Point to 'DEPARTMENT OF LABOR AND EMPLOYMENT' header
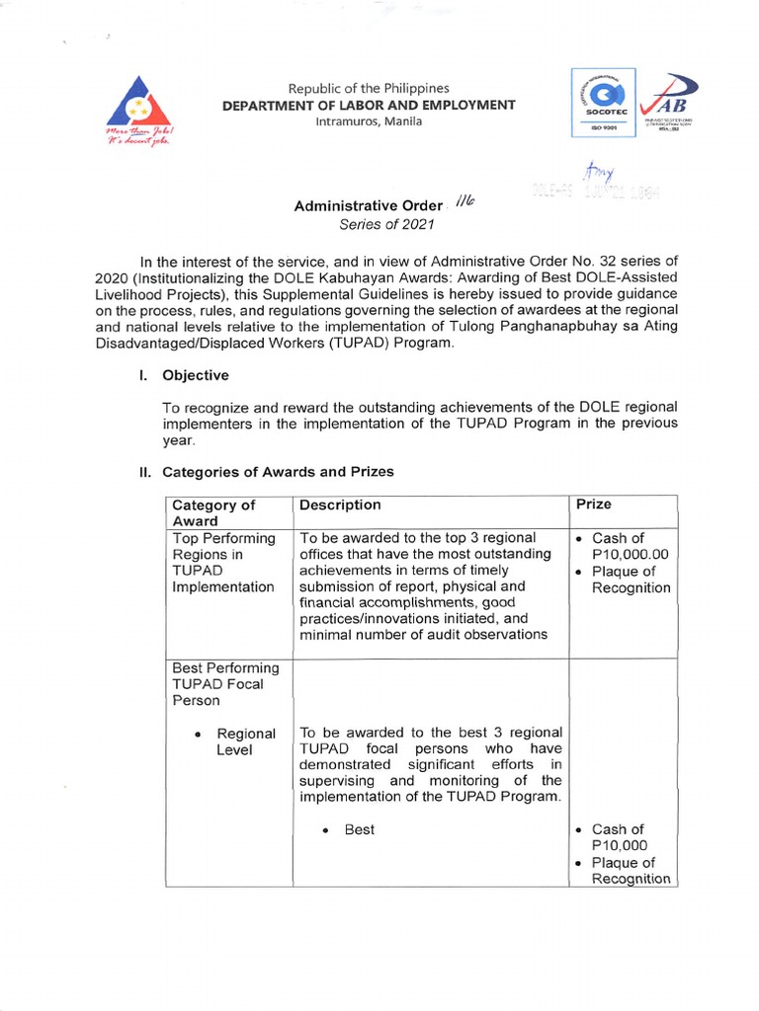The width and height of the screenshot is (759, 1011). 368,105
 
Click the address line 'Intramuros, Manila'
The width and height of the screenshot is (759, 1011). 368,121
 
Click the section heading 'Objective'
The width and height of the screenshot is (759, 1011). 196,375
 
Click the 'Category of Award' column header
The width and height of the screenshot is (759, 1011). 213,512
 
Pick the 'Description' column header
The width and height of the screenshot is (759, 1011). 340,505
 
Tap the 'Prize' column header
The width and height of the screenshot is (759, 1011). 593,505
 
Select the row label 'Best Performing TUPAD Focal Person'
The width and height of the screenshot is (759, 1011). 225,684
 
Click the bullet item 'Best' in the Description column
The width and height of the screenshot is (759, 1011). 359,829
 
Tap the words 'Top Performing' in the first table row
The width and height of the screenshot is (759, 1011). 223,538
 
